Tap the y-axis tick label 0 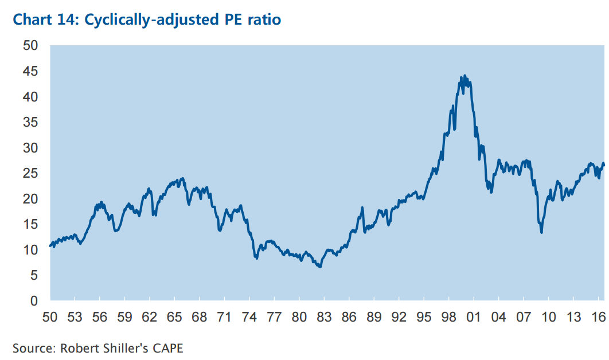coord(34,300)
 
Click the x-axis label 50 coord(50,316)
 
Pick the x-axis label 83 coord(324,316)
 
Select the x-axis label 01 coord(473,316)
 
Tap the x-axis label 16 coord(598,316)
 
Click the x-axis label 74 coord(249,316)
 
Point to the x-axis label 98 coord(448,316)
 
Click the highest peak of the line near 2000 coord(464,76)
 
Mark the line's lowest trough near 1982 coord(319,267)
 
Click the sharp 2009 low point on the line coord(541,232)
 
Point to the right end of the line coord(604,165)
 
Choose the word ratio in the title coord(263,19)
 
